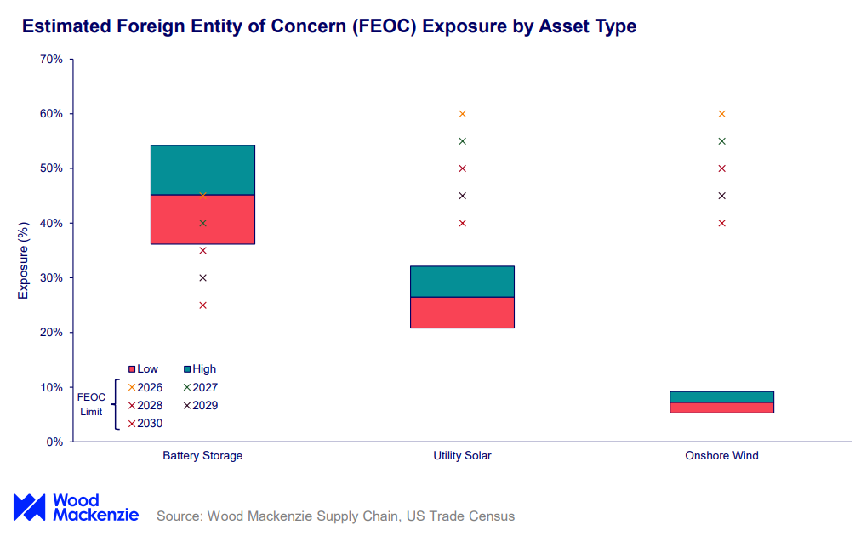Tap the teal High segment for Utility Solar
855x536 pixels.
coord(462,281)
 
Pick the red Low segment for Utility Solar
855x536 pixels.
coord(462,312)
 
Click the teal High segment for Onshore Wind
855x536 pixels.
coord(721,396)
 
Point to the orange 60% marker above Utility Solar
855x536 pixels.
coord(463,114)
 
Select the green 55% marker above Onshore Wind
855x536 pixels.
coord(722,141)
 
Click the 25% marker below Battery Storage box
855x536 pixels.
coord(202,305)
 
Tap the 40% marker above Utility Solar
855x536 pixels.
coord(463,223)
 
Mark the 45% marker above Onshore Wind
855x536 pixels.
coord(722,196)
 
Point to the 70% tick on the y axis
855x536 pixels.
coord(51,60)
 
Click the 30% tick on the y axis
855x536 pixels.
coord(51,278)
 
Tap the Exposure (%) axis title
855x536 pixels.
coord(24,260)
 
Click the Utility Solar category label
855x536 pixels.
coord(462,456)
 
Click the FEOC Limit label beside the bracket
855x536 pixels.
coord(90,404)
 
